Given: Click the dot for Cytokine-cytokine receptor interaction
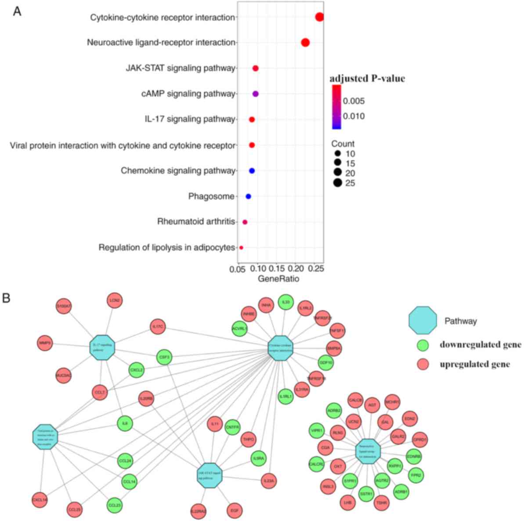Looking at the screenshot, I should (x=319, y=17).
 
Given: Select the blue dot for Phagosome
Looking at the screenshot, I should (x=248, y=197).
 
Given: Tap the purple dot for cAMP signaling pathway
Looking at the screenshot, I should (x=256, y=94).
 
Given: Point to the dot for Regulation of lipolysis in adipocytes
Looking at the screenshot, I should (x=241, y=248).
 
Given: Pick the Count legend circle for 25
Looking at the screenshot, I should (x=337, y=183).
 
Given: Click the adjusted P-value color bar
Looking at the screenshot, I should (x=336, y=107).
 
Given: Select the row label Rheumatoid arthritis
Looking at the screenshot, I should (x=196, y=222).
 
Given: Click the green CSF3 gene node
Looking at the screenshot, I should (x=164, y=357).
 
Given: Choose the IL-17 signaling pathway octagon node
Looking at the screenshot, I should (x=102, y=347).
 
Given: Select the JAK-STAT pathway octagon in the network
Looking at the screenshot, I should (x=210, y=475).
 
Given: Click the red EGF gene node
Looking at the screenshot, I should (x=234, y=510).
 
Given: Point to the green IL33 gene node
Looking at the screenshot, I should (x=285, y=302).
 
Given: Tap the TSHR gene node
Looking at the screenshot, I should (x=382, y=503).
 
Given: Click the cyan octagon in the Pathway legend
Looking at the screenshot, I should (x=423, y=321).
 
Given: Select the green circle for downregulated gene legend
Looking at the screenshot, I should (x=423, y=345).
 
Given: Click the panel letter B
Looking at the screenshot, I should (x=7, y=298).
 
